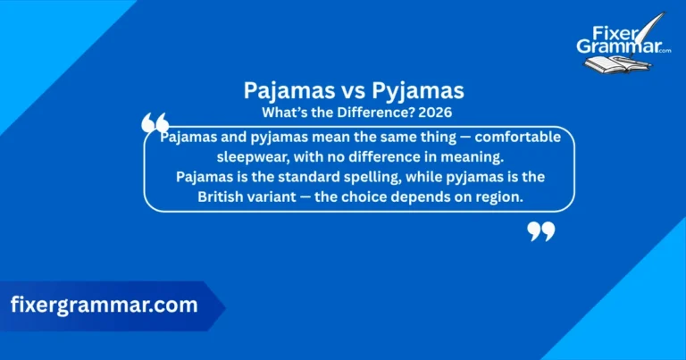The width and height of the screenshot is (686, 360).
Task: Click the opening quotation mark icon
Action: point(155,125)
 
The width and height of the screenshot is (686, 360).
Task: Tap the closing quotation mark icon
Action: point(541,232)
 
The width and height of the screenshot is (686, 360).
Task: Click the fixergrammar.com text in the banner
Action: point(104,305)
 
